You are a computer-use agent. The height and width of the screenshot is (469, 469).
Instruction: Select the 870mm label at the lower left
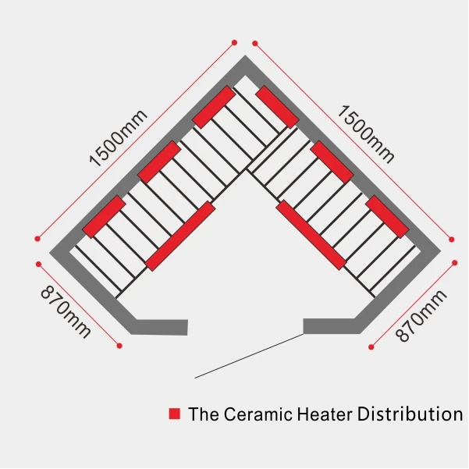click(x=65, y=312)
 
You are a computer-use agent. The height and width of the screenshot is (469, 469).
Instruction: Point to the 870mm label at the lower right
click(x=421, y=315)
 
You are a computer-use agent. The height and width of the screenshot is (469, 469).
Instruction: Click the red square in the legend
click(x=174, y=413)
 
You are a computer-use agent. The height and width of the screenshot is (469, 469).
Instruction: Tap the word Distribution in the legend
click(x=410, y=414)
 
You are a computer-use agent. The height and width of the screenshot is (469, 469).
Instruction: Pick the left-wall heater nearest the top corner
click(x=214, y=107)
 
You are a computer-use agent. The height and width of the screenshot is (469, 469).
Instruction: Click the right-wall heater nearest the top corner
click(x=277, y=107)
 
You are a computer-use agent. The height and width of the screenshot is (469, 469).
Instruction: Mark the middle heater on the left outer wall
click(x=159, y=162)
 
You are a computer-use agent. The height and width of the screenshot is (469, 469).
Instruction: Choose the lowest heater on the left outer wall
click(x=104, y=216)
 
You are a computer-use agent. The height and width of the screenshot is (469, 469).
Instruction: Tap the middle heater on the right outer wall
click(x=332, y=162)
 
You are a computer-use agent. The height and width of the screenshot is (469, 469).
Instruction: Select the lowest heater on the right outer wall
click(x=387, y=216)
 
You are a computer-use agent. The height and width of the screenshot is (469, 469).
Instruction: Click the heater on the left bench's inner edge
click(x=180, y=236)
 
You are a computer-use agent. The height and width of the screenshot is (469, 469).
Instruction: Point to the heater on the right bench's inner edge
click(x=311, y=236)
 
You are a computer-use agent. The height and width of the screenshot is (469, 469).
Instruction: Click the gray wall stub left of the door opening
click(x=162, y=327)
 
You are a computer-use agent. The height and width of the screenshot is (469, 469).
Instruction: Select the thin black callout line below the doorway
click(x=250, y=355)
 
